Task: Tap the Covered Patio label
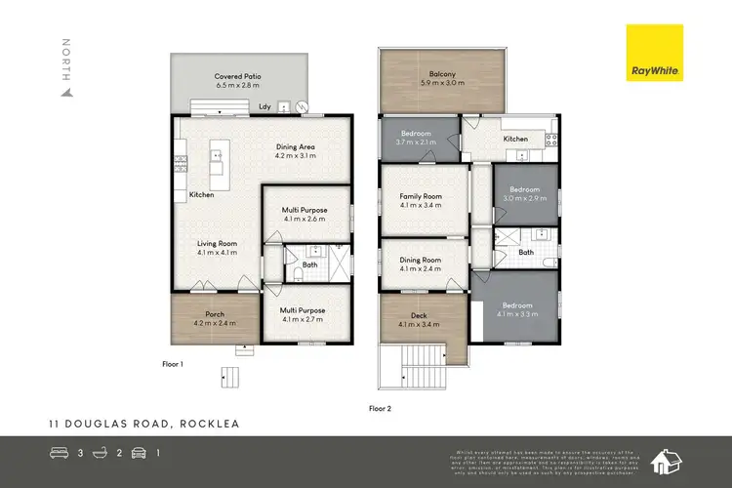point(237,80)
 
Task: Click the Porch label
point(209,318)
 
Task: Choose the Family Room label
point(421,200)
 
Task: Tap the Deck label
point(421,319)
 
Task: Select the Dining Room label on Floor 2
point(421,264)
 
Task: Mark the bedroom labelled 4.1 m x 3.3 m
point(517,308)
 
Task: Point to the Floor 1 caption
point(173,362)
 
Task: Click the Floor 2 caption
point(381,408)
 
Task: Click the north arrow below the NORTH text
point(66,93)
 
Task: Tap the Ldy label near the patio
point(265,106)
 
